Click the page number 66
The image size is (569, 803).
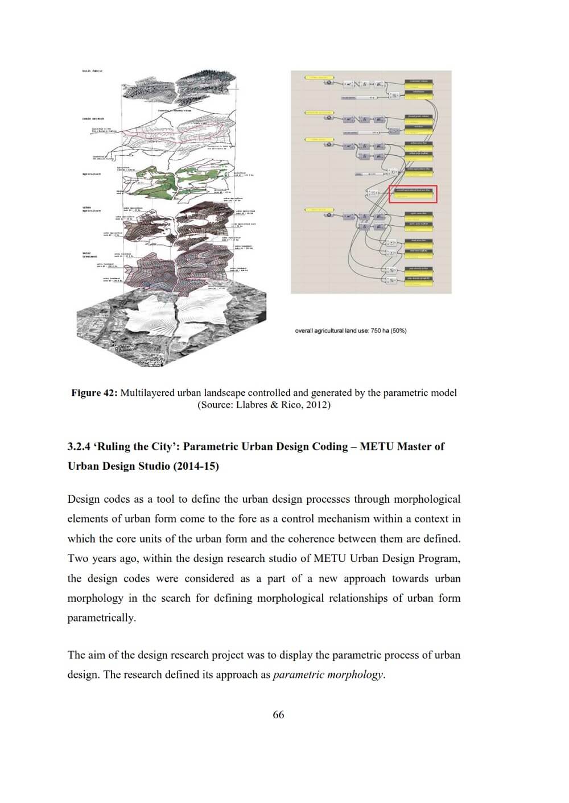(278, 715)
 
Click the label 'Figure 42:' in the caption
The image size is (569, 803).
(94, 393)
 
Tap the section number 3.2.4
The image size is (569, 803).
(79, 446)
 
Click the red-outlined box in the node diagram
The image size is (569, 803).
(413, 194)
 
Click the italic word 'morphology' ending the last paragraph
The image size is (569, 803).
(356, 675)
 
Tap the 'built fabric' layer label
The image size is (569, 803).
(92, 71)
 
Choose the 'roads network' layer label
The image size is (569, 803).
(92, 119)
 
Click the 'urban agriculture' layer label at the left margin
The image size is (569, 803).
(90, 209)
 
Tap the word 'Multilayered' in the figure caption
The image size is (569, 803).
(148, 393)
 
